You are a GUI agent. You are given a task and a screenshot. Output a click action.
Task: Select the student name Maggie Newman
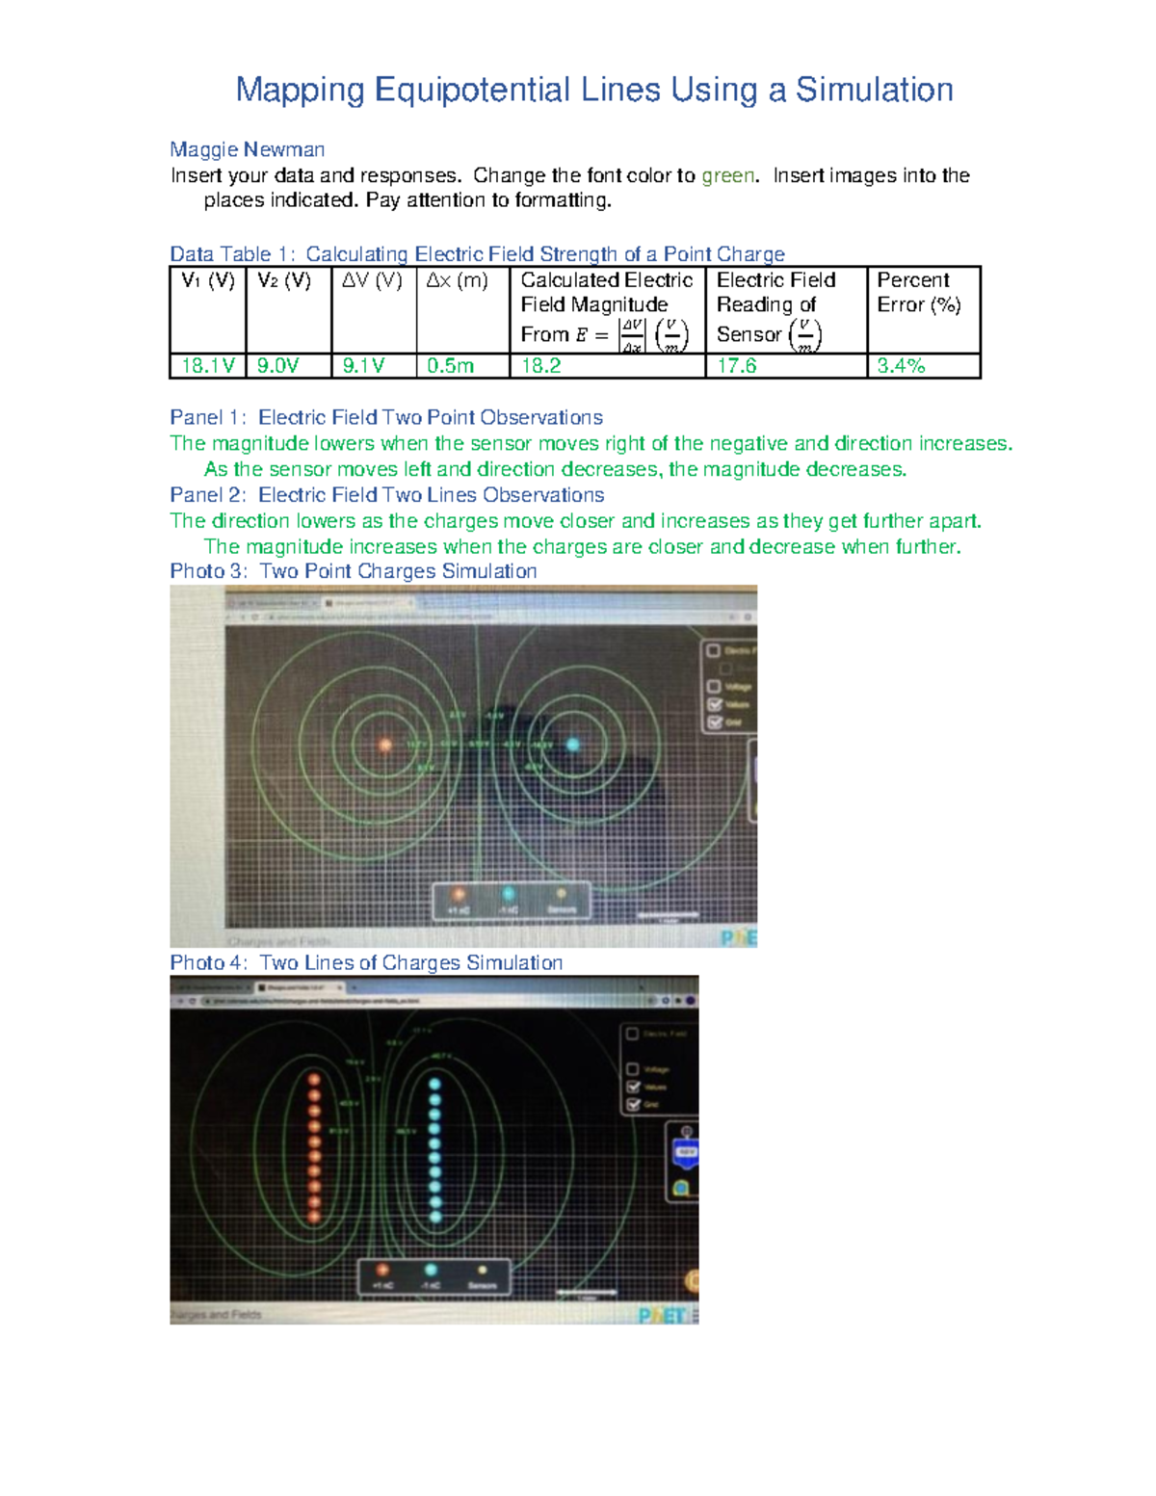247,149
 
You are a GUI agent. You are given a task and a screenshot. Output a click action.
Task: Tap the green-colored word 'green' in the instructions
728,175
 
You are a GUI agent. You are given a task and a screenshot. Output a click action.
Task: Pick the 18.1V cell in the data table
208,366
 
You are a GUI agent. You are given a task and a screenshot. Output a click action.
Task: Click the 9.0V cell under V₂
278,366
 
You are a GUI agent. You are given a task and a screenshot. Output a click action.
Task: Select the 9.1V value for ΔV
363,366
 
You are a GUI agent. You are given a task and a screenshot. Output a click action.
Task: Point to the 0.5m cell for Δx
451,366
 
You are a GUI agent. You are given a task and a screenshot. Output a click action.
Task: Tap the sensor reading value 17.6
737,366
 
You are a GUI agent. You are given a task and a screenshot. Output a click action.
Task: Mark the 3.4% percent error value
901,366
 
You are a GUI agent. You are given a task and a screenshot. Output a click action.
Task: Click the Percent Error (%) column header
919,292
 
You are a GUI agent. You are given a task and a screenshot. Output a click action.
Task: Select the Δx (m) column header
458,280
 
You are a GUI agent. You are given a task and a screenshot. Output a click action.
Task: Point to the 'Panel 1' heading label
207,417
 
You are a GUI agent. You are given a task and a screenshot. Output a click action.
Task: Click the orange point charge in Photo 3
385,745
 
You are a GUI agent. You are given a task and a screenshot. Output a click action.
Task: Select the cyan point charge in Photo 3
573,744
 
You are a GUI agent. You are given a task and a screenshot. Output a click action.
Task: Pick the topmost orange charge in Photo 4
314,1081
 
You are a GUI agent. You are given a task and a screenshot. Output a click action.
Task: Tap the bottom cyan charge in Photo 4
434,1217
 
